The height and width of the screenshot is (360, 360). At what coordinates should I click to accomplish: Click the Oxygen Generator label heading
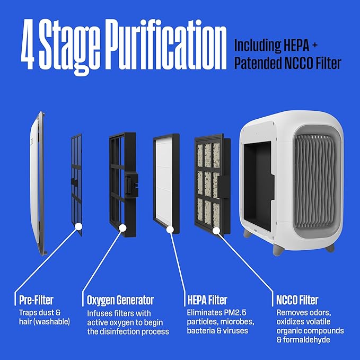(120, 301)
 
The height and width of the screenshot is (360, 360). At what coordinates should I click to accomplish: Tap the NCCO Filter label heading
(297, 301)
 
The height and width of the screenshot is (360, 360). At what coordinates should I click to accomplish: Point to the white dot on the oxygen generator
(122, 229)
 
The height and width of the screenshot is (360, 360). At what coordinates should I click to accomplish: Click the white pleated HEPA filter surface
(165, 180)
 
